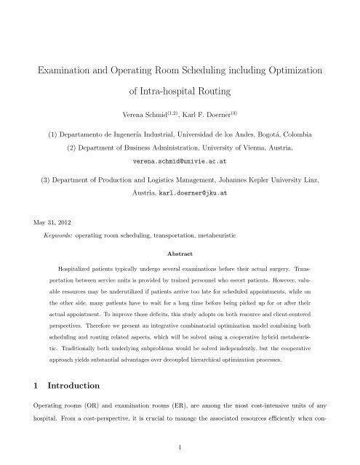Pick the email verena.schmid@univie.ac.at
point(179,160)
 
